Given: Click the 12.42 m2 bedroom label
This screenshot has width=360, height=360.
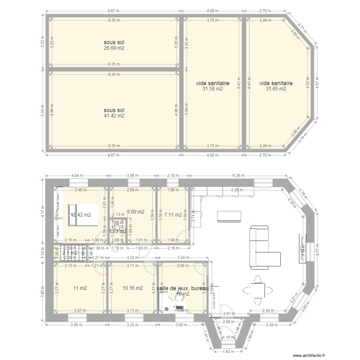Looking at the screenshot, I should [x=81, y=215].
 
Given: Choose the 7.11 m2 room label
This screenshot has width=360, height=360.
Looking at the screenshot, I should [x=172, y=215].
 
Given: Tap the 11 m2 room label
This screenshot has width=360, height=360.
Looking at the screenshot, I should [x=80, y=288].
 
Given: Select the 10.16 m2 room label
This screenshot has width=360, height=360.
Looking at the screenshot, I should [x=132, y=288].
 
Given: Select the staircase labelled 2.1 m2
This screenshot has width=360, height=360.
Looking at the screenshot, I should [x=70, y=252].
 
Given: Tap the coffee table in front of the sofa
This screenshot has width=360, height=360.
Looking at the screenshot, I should [x=228, y=216].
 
